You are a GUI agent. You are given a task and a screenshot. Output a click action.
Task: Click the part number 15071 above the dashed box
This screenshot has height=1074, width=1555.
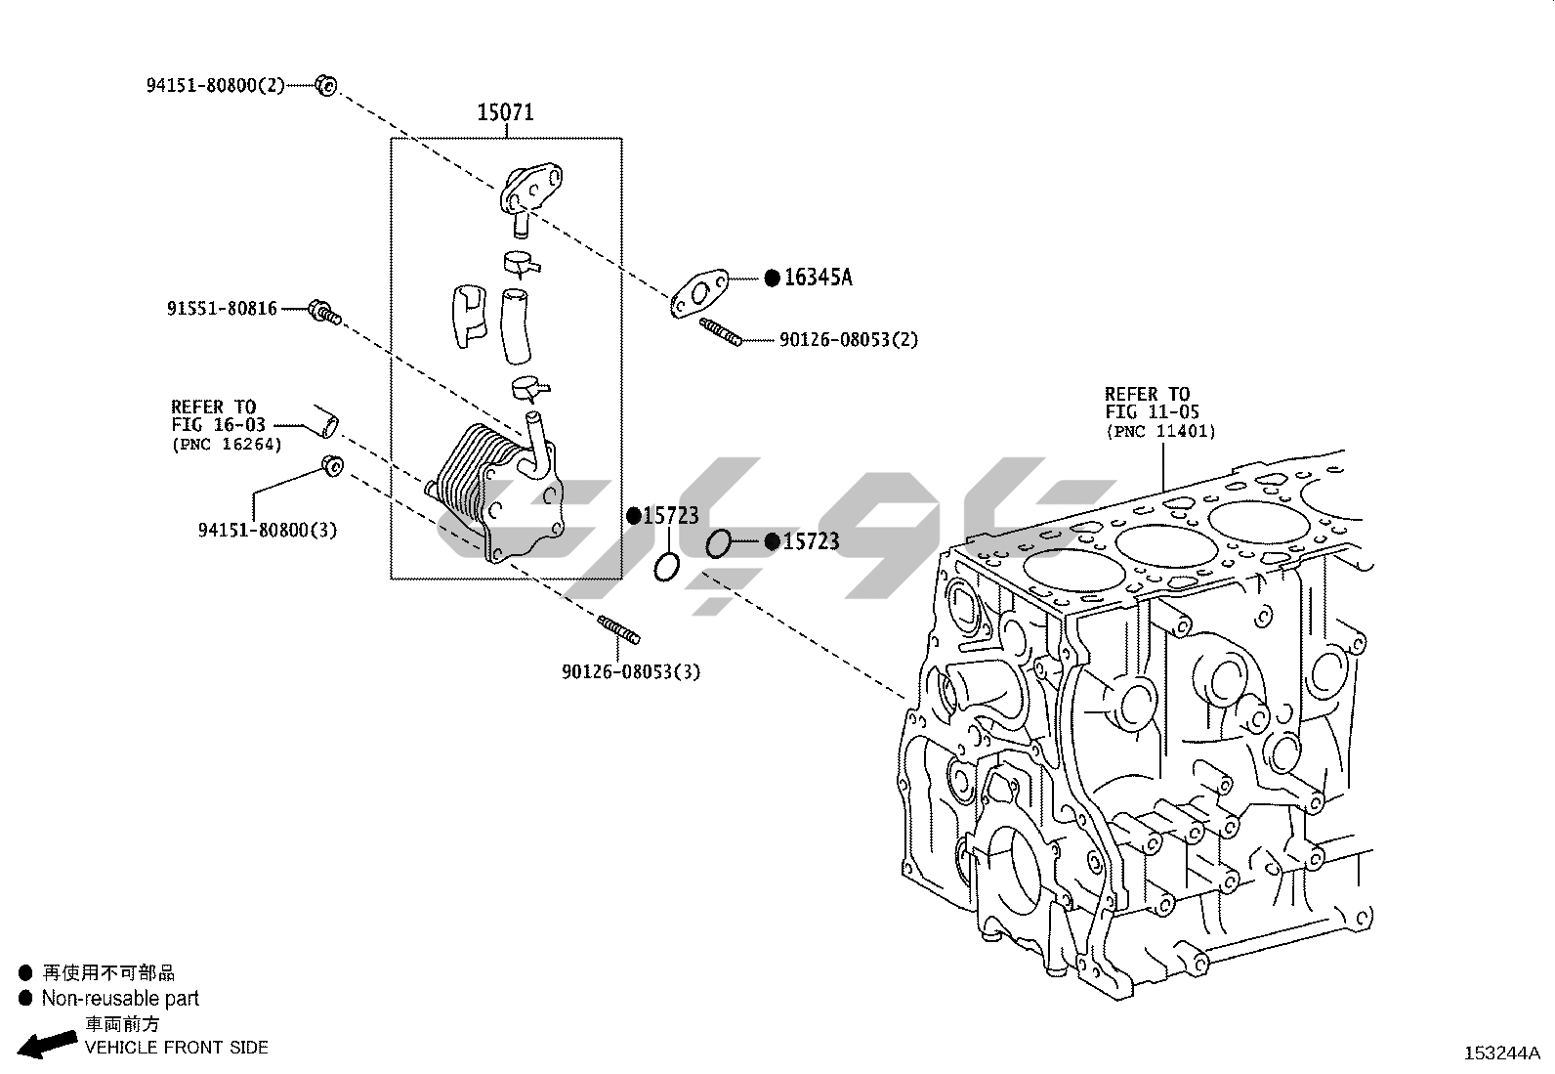[505, 112]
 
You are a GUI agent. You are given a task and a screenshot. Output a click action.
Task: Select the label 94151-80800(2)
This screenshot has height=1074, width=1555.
[215, 85]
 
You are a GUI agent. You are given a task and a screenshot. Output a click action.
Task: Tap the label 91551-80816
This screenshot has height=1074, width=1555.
[222, 309]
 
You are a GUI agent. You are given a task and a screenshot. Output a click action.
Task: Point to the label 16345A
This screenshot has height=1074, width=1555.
[818, 278]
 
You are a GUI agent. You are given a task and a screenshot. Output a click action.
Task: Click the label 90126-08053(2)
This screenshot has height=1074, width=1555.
[848, 340]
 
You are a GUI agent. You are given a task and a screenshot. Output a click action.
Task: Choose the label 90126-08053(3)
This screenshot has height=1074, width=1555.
[630, 671]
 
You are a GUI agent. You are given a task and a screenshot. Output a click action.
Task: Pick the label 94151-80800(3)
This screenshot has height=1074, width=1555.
[267, 530]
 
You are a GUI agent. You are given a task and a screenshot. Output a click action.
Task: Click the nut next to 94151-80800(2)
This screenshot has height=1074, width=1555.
[326, 85]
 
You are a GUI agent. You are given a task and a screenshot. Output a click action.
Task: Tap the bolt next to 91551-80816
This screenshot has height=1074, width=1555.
[323, 313]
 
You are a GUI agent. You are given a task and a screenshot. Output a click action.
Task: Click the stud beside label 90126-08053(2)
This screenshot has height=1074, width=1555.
[721, 332]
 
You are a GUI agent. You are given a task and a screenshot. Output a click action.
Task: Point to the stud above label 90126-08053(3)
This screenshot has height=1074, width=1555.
[618, 630]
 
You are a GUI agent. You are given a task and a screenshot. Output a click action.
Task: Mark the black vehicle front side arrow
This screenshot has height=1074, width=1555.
[49, 1043]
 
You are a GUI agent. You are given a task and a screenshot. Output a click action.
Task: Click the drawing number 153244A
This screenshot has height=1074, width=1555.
[1500, 1053]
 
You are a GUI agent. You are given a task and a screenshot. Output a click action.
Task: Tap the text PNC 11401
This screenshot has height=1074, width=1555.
[1160, 431]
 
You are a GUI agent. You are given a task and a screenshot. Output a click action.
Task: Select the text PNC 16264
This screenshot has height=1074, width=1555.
[227, 445]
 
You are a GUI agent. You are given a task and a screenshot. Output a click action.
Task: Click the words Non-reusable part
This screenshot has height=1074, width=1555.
[119, 998]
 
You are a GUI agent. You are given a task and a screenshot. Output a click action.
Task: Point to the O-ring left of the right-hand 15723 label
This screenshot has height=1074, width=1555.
[718, 543]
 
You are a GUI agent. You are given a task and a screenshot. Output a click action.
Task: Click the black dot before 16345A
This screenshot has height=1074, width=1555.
[772, 278]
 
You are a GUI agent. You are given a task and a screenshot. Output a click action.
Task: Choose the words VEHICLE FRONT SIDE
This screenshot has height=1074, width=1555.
[176, 1048]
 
